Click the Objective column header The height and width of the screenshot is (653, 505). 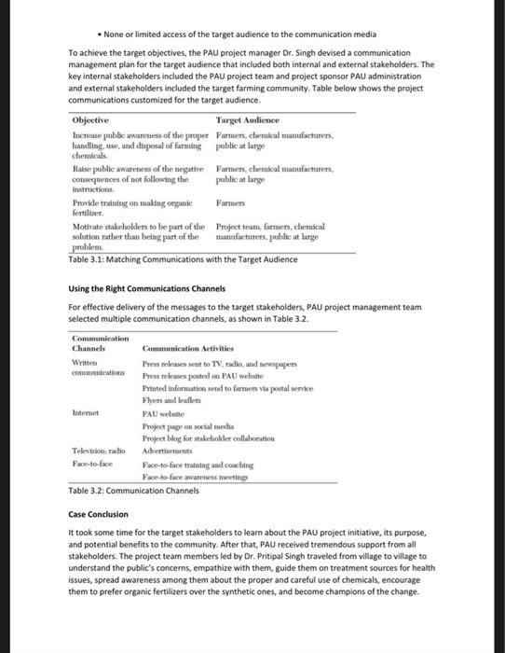click(90, 121)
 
